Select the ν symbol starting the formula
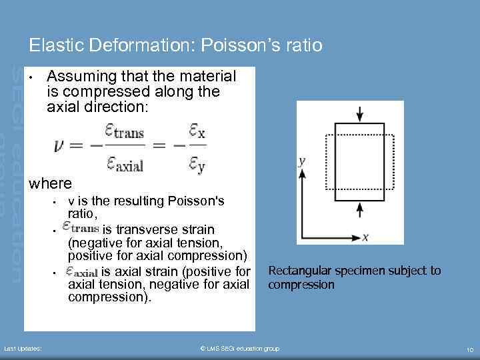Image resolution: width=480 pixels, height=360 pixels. pyautogui.click(x=63, y=146)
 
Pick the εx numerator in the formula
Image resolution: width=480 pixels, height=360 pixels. pyautogui.click(x=197, y=132)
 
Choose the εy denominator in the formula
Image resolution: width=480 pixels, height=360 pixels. pyautogui.click(x=197, y=163)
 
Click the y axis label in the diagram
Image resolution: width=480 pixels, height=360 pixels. pyautogui.click(x=302, y=161)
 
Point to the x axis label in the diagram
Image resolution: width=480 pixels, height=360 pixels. pyautogui.click(x=365, y=237)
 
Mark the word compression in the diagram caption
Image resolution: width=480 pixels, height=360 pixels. pyautogui.click(x=301, y=285)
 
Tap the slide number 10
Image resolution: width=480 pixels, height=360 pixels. pyautogui.click(x=469, y=349)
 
